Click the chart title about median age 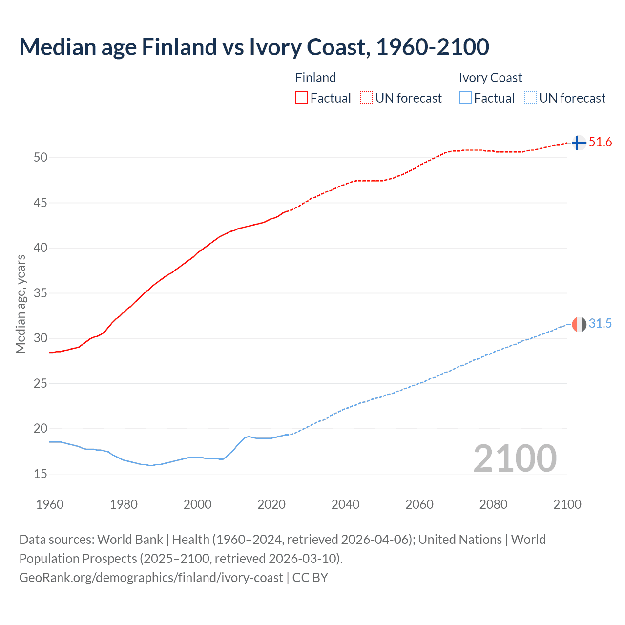[x=254, y=47]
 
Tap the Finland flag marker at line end [x=579, y=143]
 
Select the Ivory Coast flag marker [x=579, y=324]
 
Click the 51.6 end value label [x=600, y=142]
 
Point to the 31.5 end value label [x=600, y=324]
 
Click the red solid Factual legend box [x=301, y=98]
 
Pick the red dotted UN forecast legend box [x=366, y=98]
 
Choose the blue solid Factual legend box [x=465, y=98]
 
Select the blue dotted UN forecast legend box [x=530, y=98]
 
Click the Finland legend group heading [x=315, y=78]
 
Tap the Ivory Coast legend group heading [x=490, y=78]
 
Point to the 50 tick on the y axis [x=41, y=157]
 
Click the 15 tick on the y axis [x=41, y=474]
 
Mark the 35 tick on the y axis [x=41, y=293]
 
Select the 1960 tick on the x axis [x=50, y=504]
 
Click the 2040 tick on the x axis [x=345, y=504]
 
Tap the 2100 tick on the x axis [x=567, y=504]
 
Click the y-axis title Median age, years [x=21, y=304]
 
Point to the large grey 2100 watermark [x=515, y=458]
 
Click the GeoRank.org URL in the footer [x=151, y=577]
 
